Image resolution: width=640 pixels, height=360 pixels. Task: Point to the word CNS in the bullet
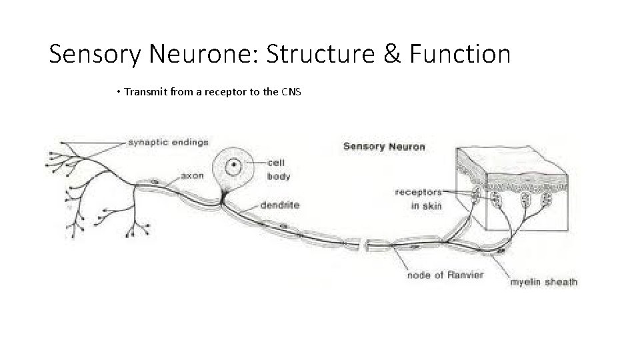click(292, 91)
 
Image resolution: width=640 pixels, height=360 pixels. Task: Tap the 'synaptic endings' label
click(167, 142)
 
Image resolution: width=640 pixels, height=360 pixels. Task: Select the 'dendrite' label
click(279, 206)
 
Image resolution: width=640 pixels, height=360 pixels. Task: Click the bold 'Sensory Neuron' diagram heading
click(384, 147)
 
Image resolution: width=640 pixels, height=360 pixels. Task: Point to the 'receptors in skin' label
click(418, 199)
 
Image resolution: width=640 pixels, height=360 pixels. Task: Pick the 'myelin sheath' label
click(544, 282)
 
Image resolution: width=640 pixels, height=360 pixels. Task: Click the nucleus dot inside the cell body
click(234, 164)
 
